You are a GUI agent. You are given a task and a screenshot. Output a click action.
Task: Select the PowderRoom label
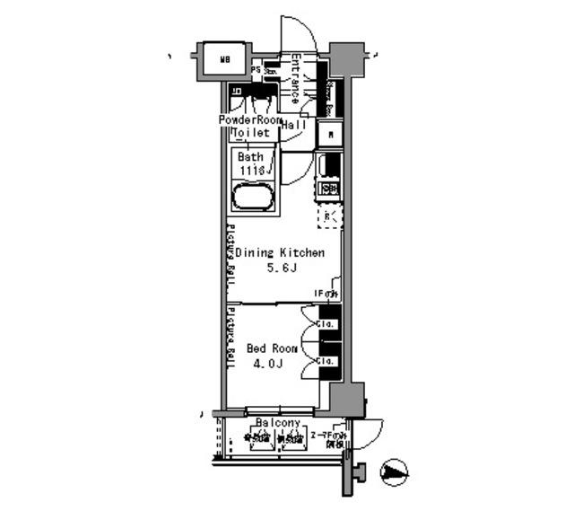(250, 119)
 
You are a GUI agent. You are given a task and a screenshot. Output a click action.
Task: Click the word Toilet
(251, 133)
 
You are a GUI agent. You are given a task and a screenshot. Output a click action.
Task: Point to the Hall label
(293, 126)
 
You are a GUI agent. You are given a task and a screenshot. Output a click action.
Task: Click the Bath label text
(250, 156)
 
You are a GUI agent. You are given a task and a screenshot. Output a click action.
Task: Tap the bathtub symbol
(256, 196)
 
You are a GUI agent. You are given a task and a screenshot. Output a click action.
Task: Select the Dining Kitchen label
(280, 254)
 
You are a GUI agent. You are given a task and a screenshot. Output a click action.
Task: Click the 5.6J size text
(281, 269)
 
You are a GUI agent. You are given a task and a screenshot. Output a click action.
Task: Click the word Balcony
(277, 422)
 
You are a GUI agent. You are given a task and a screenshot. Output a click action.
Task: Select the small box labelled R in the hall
(331, 135)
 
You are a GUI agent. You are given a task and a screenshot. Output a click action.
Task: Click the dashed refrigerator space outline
(329, 216)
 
